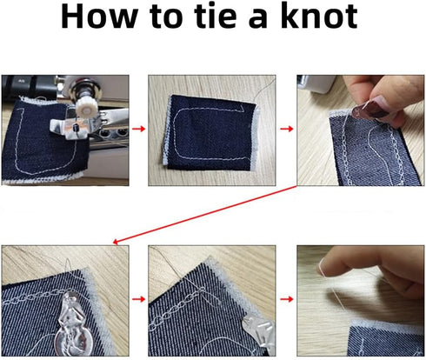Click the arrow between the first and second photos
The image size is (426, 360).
136,129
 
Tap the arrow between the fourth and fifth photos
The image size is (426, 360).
136,301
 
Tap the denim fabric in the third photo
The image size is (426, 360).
365,157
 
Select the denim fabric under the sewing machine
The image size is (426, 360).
35,148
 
